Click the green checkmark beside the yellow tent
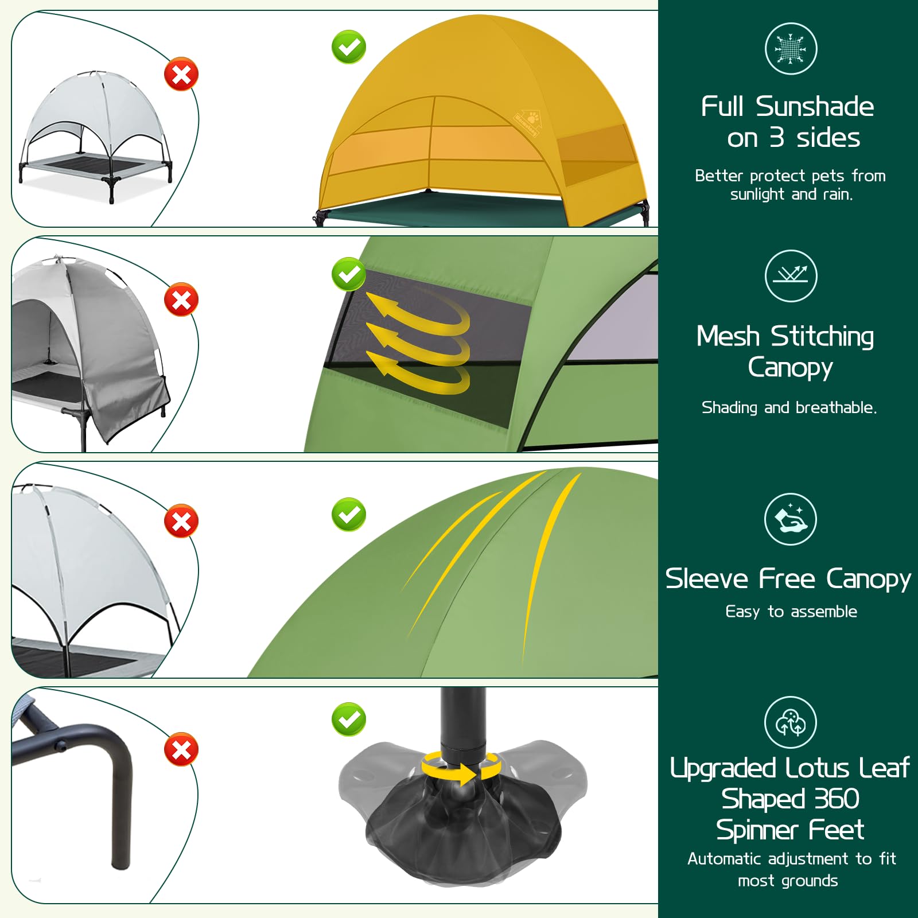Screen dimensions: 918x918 [349, 47]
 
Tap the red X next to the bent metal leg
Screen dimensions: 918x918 [181, 749]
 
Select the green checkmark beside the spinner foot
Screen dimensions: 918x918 [349, 719]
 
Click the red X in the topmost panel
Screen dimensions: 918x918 [181, 74]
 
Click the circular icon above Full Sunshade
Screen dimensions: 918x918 [791, 49]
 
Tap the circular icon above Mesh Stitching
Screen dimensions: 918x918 [791, 276]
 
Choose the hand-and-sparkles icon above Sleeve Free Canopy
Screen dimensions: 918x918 [791, 519]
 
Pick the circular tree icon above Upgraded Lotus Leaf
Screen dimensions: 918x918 [791, 722]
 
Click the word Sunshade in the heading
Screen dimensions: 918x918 [815, 107]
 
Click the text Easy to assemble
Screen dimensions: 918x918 [791, 612]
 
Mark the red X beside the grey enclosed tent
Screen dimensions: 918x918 [181, 299]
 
